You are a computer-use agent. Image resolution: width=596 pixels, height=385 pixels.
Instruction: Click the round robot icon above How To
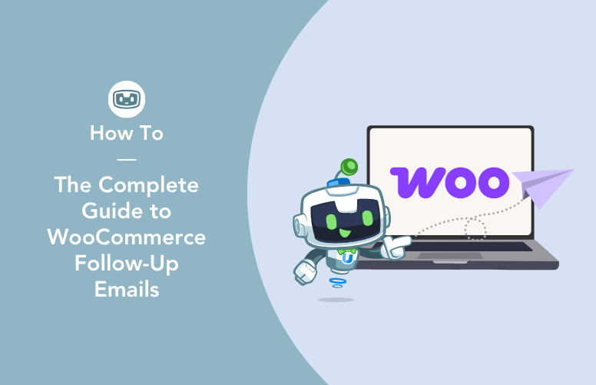pyautogui.click(x=127, y=99)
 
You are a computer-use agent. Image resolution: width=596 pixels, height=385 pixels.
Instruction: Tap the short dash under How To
pyautogui.click(x=127, y=159)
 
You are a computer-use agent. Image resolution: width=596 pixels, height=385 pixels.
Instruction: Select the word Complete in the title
pyautogui.click(x=149, y=185)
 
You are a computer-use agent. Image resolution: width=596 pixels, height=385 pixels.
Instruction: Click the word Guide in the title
pyautogui.click(x=106, y=211)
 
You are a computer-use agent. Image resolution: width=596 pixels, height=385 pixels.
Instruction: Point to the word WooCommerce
pyautogui.click(x=127, y=237)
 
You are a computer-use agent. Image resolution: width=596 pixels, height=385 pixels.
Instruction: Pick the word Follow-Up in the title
pyautogui.click(x=127, y=264)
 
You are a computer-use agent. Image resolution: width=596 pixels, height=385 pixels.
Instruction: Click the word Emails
pyautogui.click(x=127, y=290)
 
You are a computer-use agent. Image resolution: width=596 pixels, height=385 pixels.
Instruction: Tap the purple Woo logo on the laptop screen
pyautogui.click(x=449, y=183)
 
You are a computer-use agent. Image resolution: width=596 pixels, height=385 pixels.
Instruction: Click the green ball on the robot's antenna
pyautogui.click(x=349, y=167)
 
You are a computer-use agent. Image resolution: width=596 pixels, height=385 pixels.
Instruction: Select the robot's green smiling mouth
pyautogui.click(x=345, y=232)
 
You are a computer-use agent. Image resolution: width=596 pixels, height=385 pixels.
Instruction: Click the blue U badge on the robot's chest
pyautogui.click(x=347, y=259)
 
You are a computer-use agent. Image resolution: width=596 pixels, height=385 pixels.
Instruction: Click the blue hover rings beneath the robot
pyautogui.click(x=337, y=283)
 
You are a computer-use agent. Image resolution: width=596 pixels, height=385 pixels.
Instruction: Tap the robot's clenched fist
pyautogui.click(x=304, y=271)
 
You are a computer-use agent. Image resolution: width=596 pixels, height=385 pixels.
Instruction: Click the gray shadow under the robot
pyautogui.click(x=336, y=300)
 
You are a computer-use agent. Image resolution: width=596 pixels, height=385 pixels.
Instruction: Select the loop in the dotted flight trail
pyautogui.click(x=475, y=229)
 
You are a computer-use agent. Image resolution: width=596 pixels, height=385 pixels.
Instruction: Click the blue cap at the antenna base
pyautogui.click(x=337, y=182)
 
